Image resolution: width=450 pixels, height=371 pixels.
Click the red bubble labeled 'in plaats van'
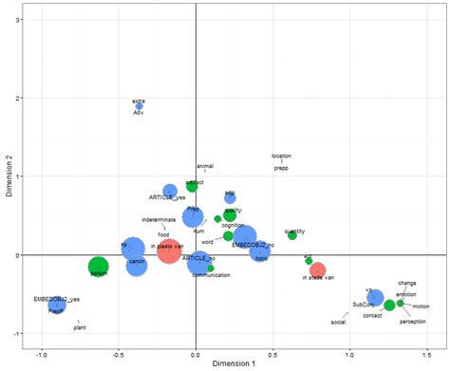(169, 251)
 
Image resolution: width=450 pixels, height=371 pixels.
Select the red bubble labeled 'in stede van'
(318, 270)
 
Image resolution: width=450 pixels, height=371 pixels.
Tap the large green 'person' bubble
(99, 267)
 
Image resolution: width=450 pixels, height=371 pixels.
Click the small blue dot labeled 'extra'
(139, 106)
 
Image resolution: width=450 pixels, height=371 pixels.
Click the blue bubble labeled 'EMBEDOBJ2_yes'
(57, 305)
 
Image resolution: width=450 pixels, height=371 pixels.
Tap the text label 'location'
(281, 156)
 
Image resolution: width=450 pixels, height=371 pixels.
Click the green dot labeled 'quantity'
(292, 235)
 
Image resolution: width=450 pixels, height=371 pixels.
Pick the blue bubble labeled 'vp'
(376, 297)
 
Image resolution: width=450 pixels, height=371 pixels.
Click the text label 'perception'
(413, 322)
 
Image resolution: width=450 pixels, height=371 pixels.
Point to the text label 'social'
(338, 323)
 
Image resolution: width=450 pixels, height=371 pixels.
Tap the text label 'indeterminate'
(159, 220)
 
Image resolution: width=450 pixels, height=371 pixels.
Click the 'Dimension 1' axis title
(234, 362)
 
